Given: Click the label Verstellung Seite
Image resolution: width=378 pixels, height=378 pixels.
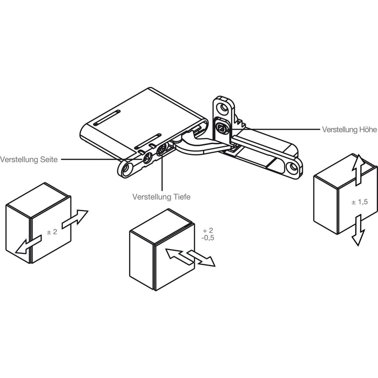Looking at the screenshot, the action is click(29, 160).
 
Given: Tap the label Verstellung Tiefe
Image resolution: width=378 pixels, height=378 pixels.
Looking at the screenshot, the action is click(161, 197).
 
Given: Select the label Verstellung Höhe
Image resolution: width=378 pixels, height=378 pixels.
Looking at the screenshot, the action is click(349, 129).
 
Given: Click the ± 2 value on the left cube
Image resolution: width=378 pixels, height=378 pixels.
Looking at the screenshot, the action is click(52, 232).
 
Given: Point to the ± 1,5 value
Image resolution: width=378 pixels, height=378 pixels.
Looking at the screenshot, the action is click(360, 202).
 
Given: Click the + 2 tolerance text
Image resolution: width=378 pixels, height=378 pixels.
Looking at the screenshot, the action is click(208, 231).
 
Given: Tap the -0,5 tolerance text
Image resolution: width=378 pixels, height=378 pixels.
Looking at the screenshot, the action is click(207, 238).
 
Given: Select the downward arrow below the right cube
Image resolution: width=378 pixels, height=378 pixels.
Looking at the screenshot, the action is click(359, 230).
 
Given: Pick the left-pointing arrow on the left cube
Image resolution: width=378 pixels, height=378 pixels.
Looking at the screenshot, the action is click(28, 245).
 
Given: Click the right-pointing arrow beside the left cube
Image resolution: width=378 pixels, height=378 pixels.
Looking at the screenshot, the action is click(75, 219).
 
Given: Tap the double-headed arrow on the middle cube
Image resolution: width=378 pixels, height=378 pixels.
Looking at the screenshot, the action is click(190, 257).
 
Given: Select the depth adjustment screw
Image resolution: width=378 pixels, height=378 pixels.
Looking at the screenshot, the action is click(161, 150).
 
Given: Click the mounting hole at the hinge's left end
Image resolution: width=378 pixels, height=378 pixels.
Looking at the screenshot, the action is click(126, 169).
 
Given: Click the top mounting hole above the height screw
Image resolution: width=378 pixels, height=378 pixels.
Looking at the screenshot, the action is click(222, 108).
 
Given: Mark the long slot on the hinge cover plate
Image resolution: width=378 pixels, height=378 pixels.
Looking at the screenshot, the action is click(107, 118).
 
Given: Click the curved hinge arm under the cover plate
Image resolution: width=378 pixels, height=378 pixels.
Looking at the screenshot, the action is click(198, 146).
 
